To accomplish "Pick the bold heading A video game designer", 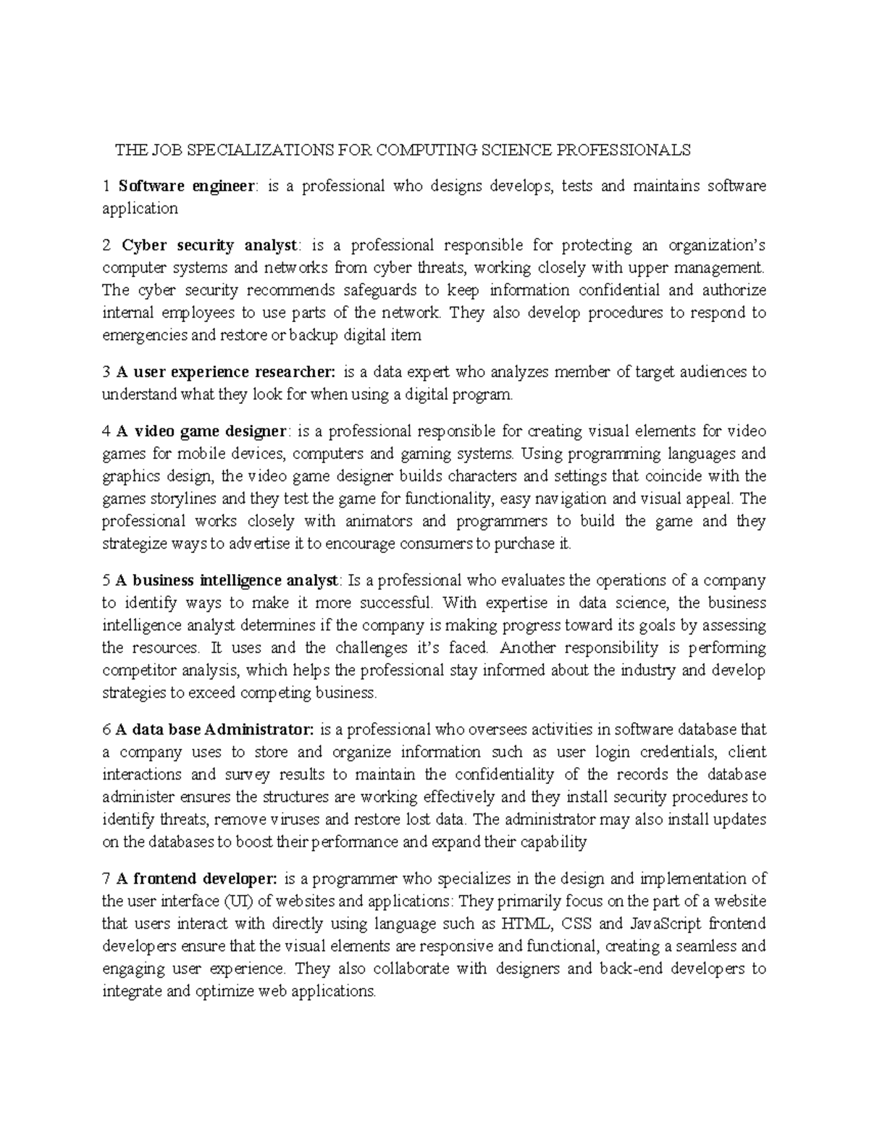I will (x=201, y=431).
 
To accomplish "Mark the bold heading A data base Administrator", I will (x=214, y=730).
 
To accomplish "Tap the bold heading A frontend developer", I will (x=196, y=879).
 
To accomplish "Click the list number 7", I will (x=106, y=879).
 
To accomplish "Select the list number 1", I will (x=106, y=186).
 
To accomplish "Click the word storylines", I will (x=183, y=499).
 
